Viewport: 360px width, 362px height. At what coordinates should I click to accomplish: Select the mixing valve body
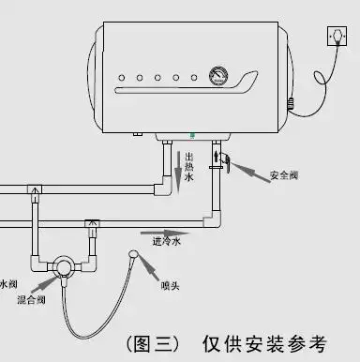tap(63, 267)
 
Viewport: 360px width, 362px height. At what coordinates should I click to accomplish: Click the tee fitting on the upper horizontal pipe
tap(35, 193)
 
